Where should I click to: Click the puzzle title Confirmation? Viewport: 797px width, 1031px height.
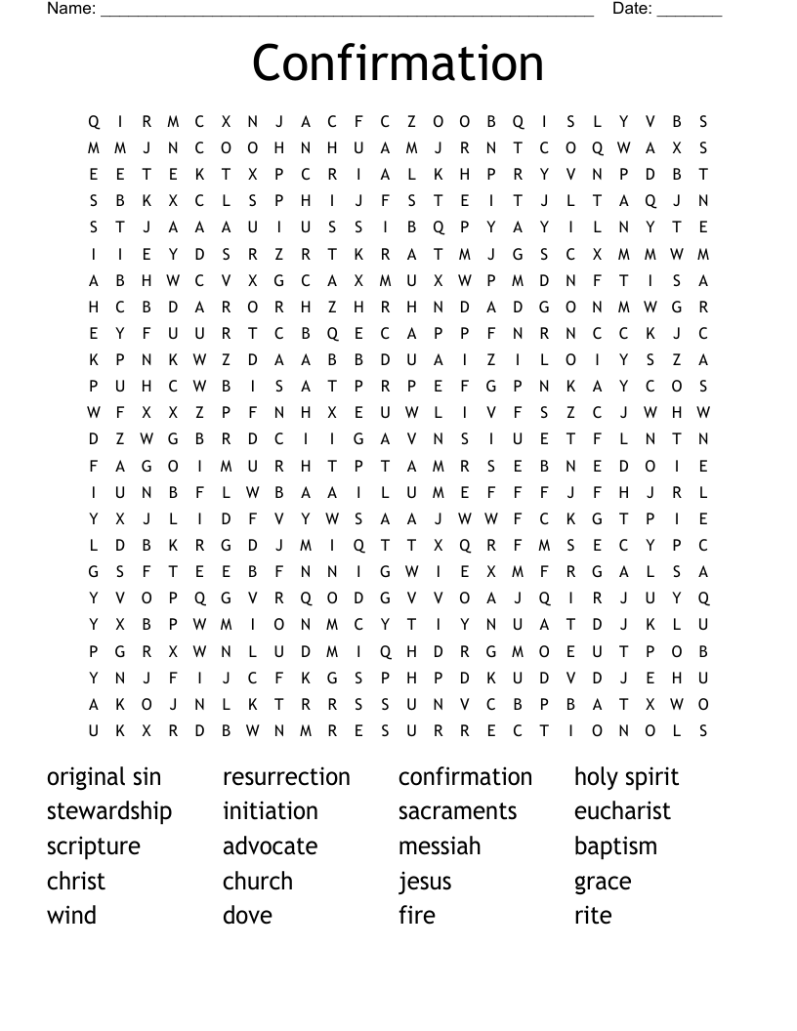pyautogui.click(x=398, y=62)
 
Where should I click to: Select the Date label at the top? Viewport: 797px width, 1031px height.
pyautogui.click(x=633, y=9)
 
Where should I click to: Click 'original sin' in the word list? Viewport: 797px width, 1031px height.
pyautogui.click(x=104, y=777)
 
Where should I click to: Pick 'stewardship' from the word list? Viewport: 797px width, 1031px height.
pyautogui.click(x=109, y=811)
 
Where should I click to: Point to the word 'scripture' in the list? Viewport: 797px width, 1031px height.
pyautogui.click(x=94, y=846)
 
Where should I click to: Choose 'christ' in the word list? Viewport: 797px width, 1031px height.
pyautogui.click(x=75, y=881)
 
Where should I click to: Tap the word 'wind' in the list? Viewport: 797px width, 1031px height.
pyautogui.click(x=71, y=916)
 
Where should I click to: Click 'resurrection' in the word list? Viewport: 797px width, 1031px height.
pyautogui.click(x=286, y=777)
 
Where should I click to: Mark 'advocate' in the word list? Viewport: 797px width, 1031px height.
pyautogui.click(x=270, y=846)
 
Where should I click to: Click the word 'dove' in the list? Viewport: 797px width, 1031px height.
pyautogui.click(x=247, y=916)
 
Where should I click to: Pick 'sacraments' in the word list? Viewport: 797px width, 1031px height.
pyautogui.click(x=457, y=811)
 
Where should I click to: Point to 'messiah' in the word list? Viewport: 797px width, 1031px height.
pyautogui.click(x=440, y=846)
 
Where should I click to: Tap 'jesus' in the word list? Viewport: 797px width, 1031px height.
pyautogui.click(x=425, y=882)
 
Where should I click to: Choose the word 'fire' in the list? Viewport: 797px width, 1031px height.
pyautogui.click(x=416, y=916)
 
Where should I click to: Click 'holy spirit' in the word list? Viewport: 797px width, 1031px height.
pyautogui.click(x=626, y=778)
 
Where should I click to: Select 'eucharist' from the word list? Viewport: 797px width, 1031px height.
pyautogui.click(x=622, y=811)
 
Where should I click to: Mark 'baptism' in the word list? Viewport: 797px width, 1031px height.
pyautogui.click(x=615, y=846)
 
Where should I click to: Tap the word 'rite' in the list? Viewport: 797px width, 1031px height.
pyautogui.click(x=593, y=916)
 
